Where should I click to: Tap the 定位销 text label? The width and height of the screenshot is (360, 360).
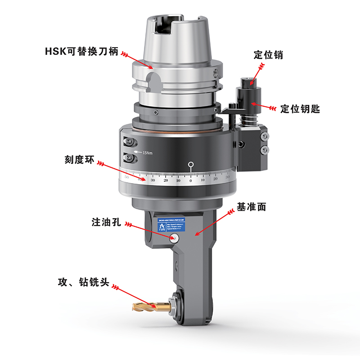click(x=269, y=55)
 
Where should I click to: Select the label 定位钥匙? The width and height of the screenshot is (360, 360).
click(x=300, y=108)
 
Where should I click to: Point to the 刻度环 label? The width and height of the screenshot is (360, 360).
click(x=80, y=160)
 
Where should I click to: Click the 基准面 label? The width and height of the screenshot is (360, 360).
click(x=252, y=207)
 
